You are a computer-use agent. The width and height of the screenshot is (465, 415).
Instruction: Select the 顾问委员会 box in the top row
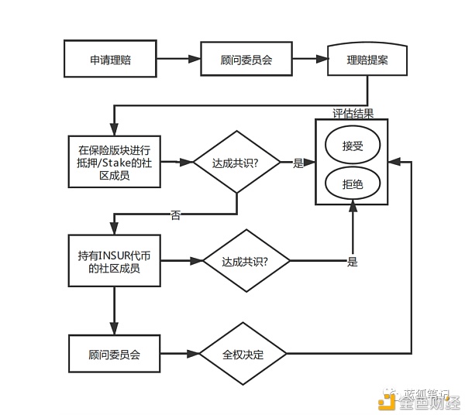pos(246,58)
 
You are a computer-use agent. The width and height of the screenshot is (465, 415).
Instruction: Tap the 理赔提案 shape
pos(367,58)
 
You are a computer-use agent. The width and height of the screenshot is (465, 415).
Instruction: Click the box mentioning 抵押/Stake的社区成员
pos(114,162)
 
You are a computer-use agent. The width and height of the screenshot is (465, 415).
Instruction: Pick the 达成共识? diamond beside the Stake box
pos(236,163)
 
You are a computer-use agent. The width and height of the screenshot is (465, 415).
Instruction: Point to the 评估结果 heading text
pos(353,113)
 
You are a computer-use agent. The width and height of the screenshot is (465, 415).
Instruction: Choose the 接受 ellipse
pos(352,145)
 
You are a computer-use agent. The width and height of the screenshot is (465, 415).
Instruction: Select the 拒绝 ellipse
pos(352,183)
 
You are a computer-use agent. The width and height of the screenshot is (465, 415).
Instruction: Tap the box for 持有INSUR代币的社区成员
pos(114,261)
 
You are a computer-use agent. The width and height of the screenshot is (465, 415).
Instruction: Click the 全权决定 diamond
pos(243,355)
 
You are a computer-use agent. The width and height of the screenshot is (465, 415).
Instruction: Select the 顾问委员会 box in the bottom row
pos(114,355)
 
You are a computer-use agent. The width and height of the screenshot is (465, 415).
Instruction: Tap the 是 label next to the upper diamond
pos(298,163)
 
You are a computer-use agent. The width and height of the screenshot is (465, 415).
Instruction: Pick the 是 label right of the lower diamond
pos(352,262)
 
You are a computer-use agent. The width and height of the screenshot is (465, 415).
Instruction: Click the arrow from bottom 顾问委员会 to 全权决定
pos(179,355)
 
